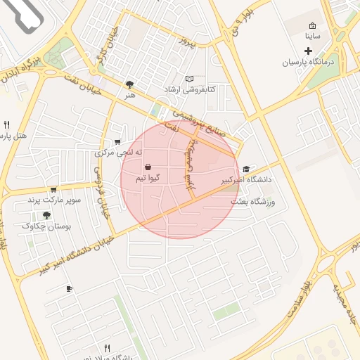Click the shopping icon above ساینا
point(312,25)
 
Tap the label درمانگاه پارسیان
point(310,62)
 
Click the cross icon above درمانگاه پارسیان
point(308,51)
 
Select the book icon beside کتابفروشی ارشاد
point(188,79)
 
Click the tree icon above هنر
point(129,84)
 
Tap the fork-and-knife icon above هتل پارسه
point(6,124)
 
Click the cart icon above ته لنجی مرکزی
point(127,141)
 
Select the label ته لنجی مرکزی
point(119,152)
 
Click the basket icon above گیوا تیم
point(148,167)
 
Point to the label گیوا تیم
point(147,178)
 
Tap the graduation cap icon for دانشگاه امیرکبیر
point(246,169)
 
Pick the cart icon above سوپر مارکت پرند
point(53,189)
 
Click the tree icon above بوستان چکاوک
point(46,215)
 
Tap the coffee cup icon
point(69,289)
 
